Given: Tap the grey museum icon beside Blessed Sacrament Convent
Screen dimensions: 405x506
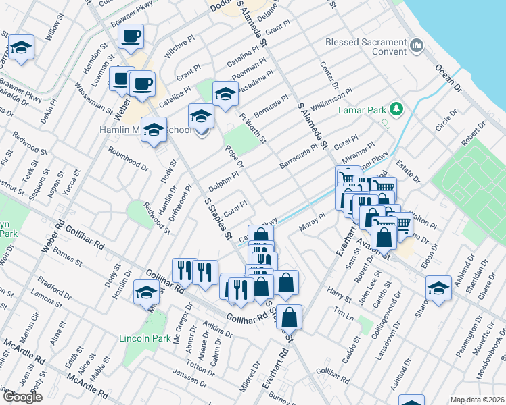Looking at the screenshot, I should click(x=416, y=46).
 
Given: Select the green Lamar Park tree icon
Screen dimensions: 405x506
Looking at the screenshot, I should click(x=399, y=108).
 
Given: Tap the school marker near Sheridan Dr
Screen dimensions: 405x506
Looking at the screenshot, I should click(x=438, y=288).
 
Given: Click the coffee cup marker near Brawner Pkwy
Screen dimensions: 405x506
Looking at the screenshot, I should click(x=131, y=35).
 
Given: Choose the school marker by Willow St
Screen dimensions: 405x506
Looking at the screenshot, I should click(x=21, y=48).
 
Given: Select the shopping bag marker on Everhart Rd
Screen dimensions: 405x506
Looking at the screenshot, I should click(x=289, y=317).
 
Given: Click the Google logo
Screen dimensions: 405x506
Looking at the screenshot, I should click(x=22, y=397).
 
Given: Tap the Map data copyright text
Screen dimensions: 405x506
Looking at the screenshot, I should click(x=476, y=399).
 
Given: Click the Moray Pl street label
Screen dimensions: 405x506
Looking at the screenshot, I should click(x=313, y=221).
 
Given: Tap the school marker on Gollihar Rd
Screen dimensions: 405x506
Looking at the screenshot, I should click(x=146, y=292).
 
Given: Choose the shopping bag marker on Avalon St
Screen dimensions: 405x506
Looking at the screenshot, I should click(x=384, y=238).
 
